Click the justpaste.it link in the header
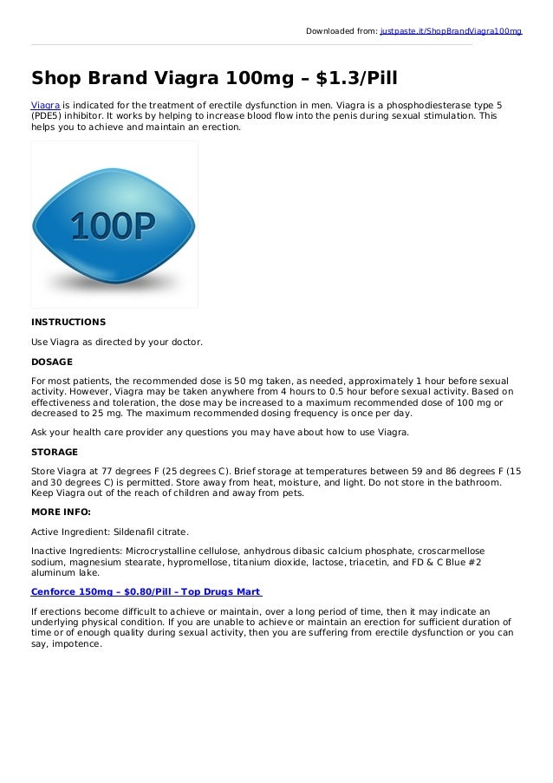click(x=451, y=31)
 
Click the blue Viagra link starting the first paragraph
click(x=45, y=105)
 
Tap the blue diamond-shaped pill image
click(x=114, y=225)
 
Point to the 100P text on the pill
click(x=113, y=226)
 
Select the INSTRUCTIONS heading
click(x=68, y=322)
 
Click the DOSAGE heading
click(x=52, y=362)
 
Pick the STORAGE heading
click(x=55, y=452)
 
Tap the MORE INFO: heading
click(x=61, y=511)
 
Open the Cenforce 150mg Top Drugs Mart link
click(x=146, y=591)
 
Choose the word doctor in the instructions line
click(x=184, y=342)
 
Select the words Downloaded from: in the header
click(x=342, y=31)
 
